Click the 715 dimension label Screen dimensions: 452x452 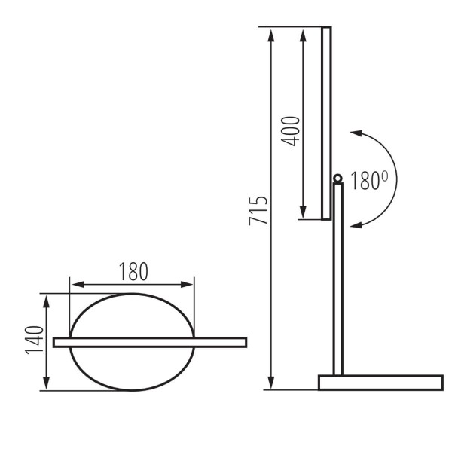[258, 213]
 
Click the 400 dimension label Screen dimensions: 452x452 [292, 131]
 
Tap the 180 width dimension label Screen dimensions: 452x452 [133, 270]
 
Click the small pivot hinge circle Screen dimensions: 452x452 [337, 179]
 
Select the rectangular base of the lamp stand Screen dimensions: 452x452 [380, 382]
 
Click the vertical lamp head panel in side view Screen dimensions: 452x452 [326, 121]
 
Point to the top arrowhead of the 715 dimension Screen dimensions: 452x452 [270, 32]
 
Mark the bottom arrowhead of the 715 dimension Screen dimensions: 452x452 [270, 385]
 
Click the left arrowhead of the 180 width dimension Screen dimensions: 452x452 [74, 284]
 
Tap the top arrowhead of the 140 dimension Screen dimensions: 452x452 [47, 299]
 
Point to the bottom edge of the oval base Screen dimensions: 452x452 [132, 390]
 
